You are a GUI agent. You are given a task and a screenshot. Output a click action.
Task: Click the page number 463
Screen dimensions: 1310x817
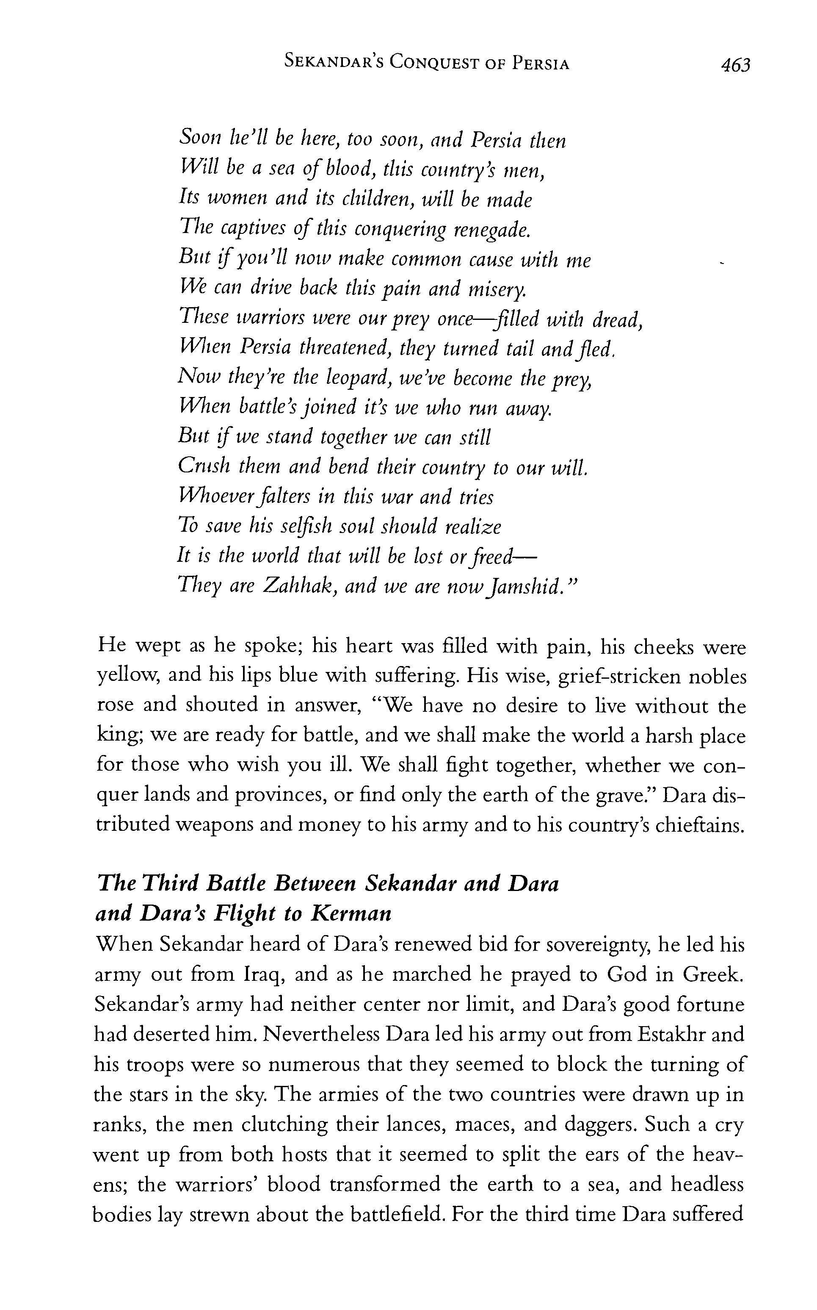tap(735, 65)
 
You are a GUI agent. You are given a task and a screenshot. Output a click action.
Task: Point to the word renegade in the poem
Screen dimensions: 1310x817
tap(491, 230)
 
